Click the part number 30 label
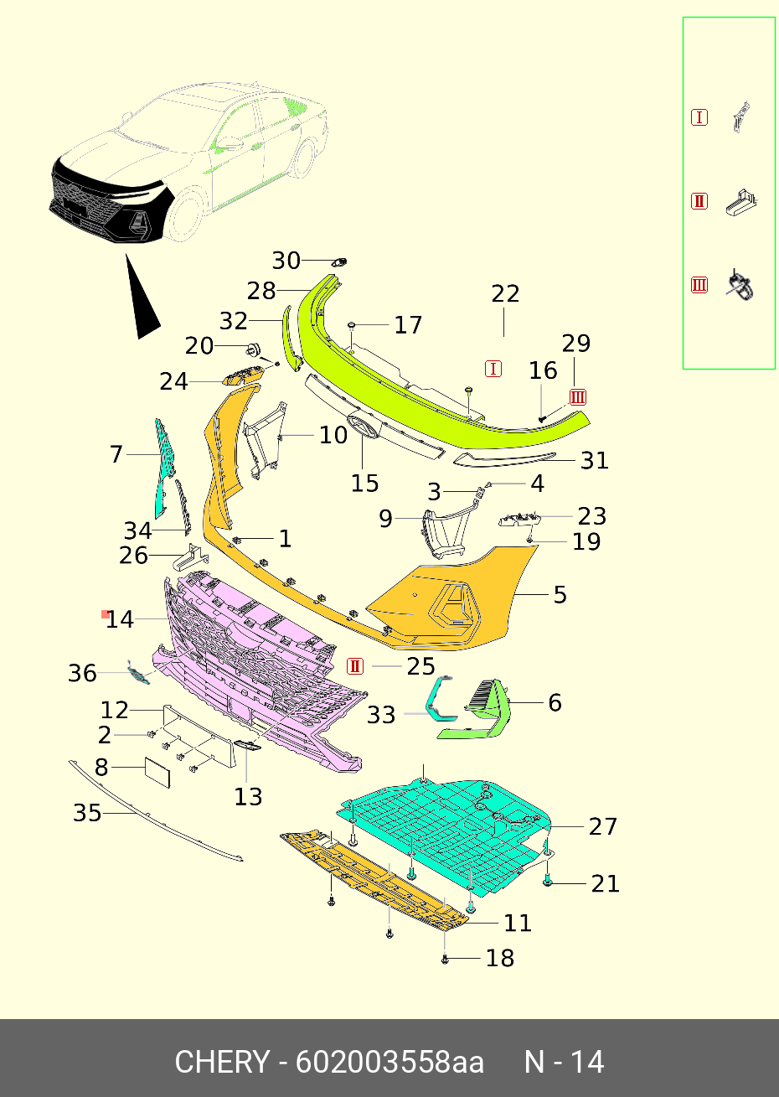[x=286, y=261]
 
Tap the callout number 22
[x=505, y=294]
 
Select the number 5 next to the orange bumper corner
[x=560, y=595]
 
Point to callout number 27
[x=602, y=826]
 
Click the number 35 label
[x=87, y=813]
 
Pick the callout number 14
[x=120, y=619]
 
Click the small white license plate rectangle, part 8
[x=157, y=772]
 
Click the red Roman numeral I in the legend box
[x=699, y=117]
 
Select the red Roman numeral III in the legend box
[x=699, y=285]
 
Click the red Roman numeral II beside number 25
[x=355, y=666]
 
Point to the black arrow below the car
[x=143, y=301]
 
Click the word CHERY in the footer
[x=222, y=1062]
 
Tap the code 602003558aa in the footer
[x=389, y=1062]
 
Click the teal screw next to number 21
[x=547, y=882]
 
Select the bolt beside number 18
[x=445, y=959]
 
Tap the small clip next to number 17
[x=353, y=324]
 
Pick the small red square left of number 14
[x=105, y=614]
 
